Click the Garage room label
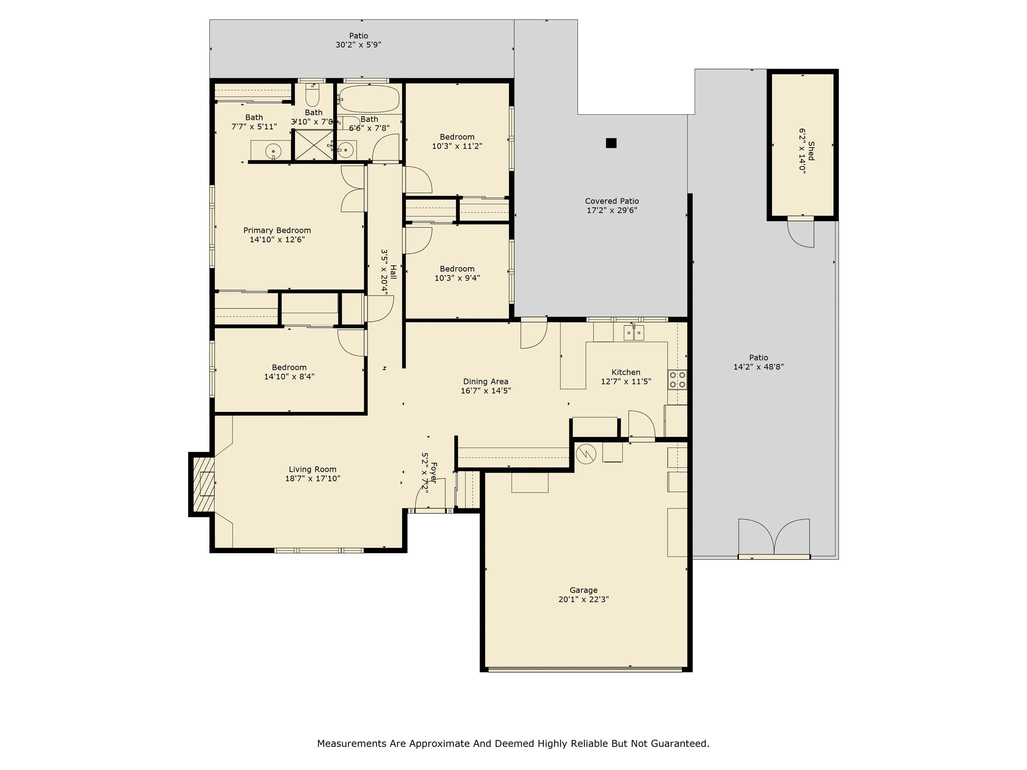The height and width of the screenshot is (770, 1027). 584,591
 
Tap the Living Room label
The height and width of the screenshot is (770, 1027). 313,469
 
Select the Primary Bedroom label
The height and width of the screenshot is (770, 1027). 277,231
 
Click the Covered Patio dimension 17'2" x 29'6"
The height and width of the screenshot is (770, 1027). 612,210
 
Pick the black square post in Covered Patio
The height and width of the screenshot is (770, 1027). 611,143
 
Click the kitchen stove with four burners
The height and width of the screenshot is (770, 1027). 677,380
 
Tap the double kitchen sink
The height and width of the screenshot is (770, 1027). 634,333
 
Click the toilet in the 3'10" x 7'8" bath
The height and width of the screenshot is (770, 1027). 313,95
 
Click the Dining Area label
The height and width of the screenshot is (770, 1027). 486,382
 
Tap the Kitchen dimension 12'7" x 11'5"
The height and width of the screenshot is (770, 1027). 626,382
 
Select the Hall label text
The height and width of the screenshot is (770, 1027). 393,272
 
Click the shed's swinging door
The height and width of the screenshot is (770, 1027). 801,232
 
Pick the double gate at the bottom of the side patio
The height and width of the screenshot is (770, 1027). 774,538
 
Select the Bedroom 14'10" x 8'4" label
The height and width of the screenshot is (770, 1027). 289,372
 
